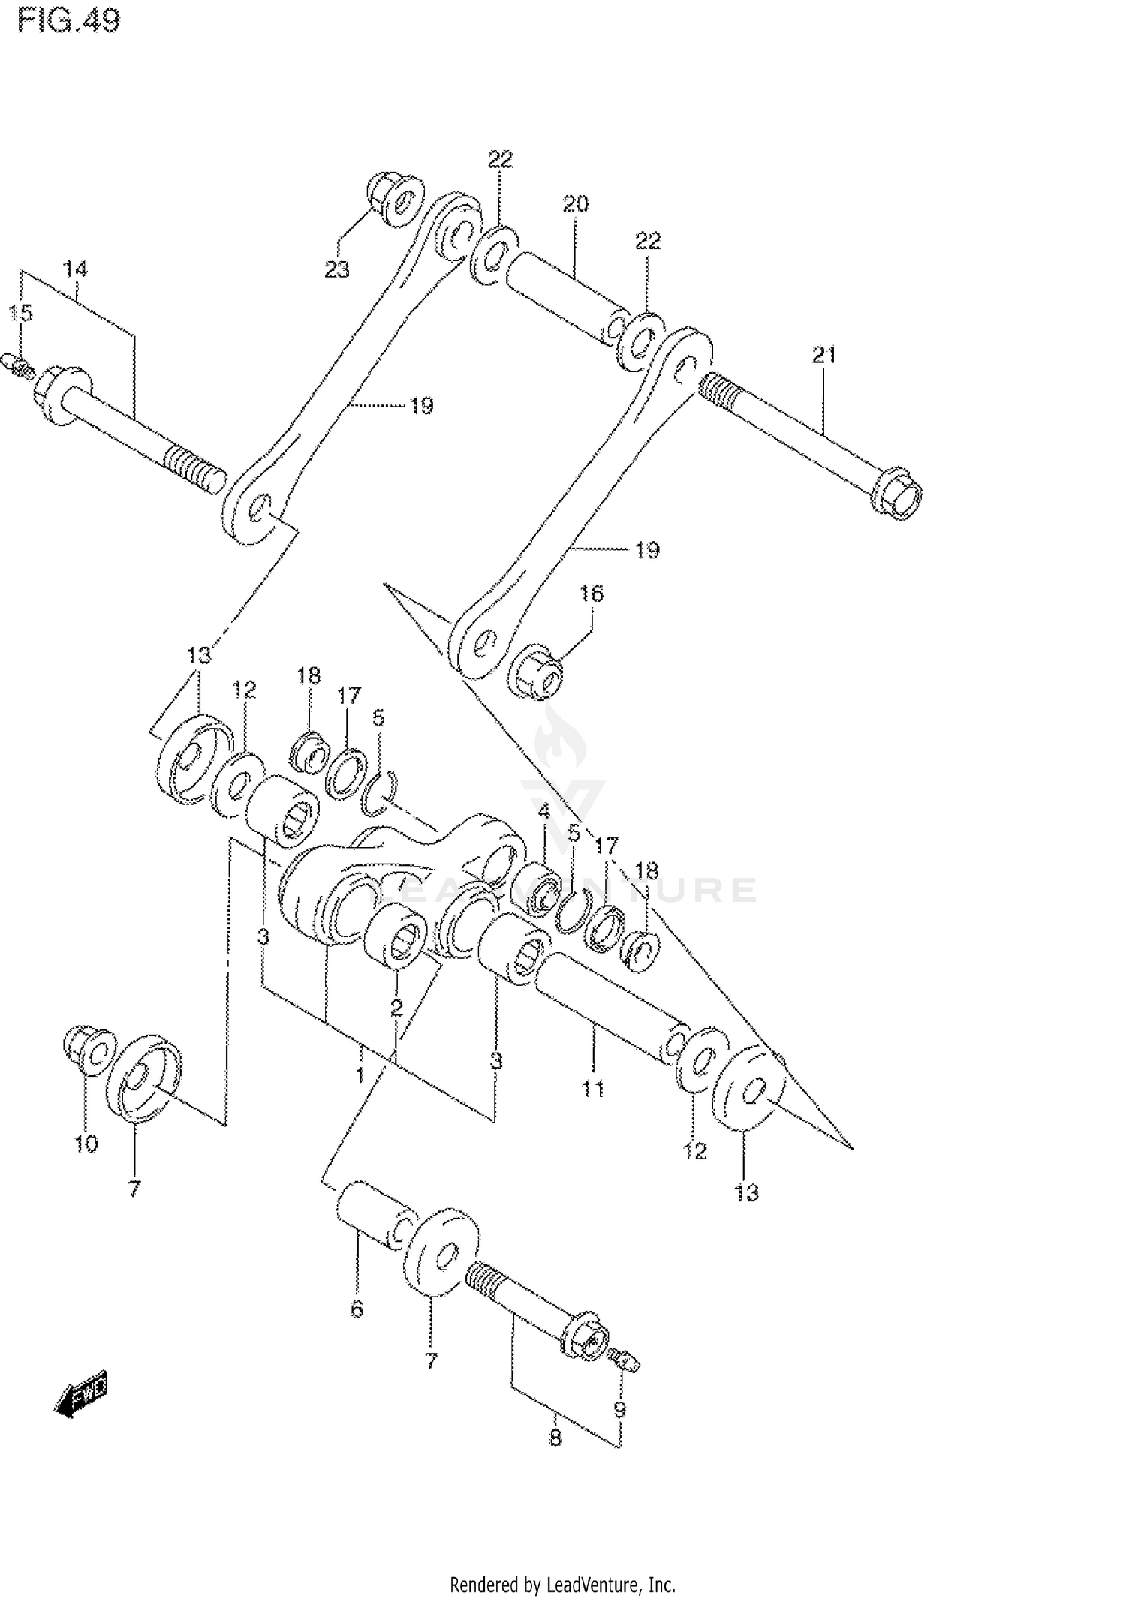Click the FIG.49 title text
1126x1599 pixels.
tap(68, 21)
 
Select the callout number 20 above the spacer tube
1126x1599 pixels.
tap(576, 203)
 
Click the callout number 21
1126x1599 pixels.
tap(823, 355)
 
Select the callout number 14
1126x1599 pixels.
tap(74, 269)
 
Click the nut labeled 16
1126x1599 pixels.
tap(537, 670)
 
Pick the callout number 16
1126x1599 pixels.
tap(591, 594)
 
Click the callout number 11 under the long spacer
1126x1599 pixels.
tap(593, 1088)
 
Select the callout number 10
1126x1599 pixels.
tap(86, 1144)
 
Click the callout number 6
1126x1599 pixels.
tap(357, 1309)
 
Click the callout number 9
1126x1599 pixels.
tap(619, 1411)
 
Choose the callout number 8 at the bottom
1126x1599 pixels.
tap(555, 1438)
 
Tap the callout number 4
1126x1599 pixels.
tap(543, 810)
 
